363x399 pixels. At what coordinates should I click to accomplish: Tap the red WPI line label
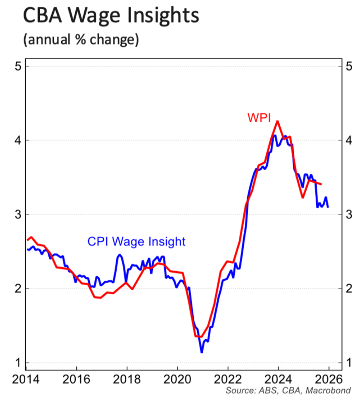(259, 118)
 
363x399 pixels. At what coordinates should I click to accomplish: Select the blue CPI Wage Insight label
(136, 241)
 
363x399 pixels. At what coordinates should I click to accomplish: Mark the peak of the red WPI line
(277, 121)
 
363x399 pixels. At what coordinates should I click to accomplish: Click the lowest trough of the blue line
(202, 352)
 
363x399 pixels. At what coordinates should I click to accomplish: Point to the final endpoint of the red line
(321, 184)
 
